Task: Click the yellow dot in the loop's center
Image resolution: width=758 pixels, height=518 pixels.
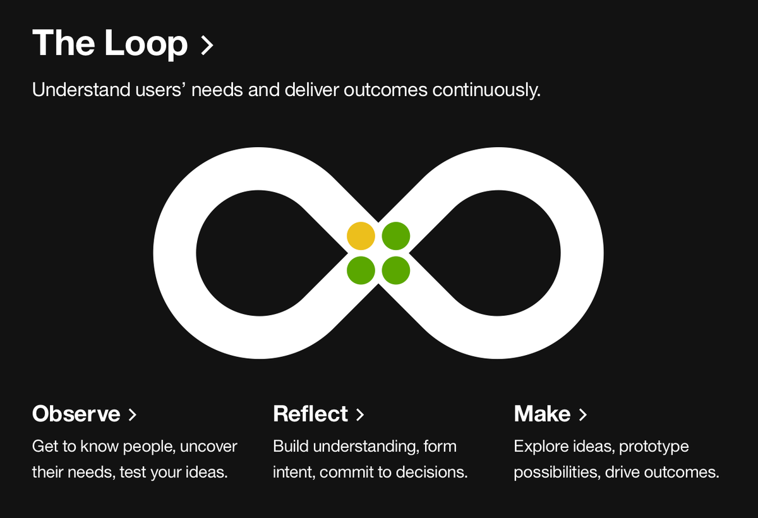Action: (x=361, y=236)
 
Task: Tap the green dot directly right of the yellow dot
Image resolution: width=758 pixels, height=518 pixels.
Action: (x=396, y=236)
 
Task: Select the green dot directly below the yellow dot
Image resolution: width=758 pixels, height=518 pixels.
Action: (x=361, y=270)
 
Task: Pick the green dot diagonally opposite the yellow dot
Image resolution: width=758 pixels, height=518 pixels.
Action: (x=396, y=270)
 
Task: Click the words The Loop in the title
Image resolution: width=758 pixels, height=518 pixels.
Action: (x=110, y=44)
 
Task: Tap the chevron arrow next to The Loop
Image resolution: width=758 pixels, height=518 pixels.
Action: (x=207, y=45)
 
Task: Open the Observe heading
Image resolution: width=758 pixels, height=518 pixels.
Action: (x=76, y=414)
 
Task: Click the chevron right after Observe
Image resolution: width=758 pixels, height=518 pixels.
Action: (x=133, y=415)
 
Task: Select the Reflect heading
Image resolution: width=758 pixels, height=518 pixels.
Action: (x=310, y=414)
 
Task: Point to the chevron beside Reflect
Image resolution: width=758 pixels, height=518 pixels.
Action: (x=360, y=415)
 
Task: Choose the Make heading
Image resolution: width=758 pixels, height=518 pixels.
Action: (x=542, y=414)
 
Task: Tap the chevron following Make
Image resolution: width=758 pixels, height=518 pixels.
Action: (x=583, y=415)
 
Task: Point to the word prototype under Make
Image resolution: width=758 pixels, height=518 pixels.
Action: (x=654, y=447)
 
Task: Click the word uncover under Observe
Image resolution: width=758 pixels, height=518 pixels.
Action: (x=208, y=447)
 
